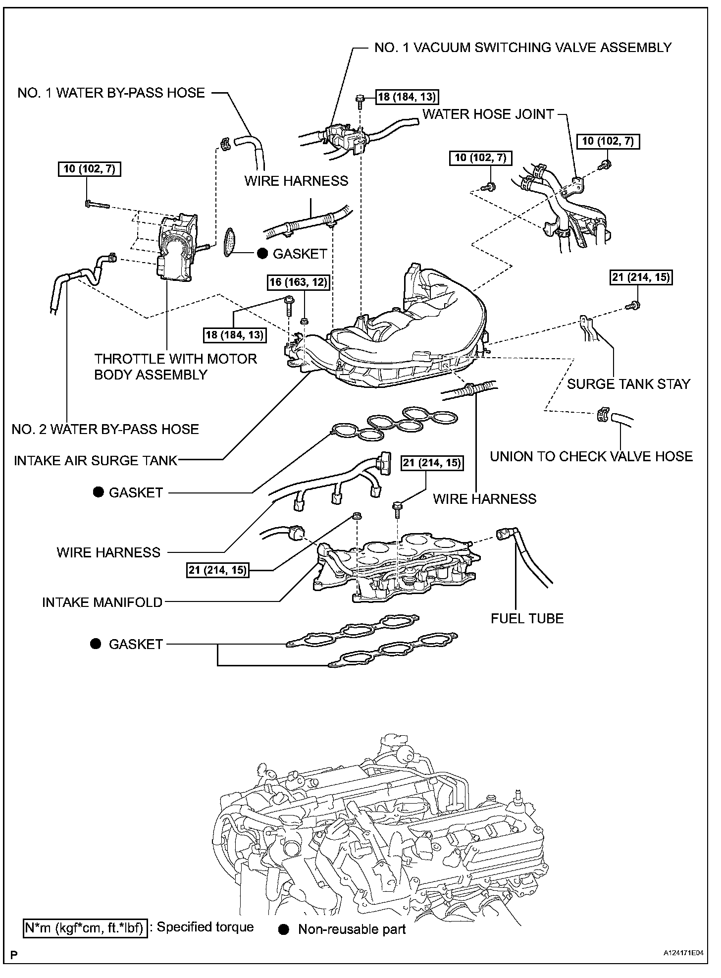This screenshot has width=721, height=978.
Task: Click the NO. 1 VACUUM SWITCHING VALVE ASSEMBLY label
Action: (522, 48)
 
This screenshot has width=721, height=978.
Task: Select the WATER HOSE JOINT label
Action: (488, 114)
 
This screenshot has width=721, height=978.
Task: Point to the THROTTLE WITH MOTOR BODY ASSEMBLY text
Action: (175, 367)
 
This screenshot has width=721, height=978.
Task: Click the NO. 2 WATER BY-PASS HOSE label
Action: (105, 429)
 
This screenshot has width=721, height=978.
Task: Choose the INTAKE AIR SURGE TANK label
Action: (96, 461)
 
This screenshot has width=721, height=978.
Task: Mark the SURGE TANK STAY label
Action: (628, 384)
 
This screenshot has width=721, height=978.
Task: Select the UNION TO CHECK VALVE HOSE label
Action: (591, 456)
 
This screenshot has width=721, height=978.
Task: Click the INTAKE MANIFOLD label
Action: (102, 602)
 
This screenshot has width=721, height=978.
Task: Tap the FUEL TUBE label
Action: (527, 618)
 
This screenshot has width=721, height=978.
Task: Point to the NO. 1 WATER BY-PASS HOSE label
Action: (111, 93)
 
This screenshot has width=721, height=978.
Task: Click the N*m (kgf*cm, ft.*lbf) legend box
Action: (85, 927)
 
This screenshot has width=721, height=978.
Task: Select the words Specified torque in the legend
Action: (205, 927)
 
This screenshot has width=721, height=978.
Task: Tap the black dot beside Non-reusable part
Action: (284, 929)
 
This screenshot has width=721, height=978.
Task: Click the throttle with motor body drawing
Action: (176, 248)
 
